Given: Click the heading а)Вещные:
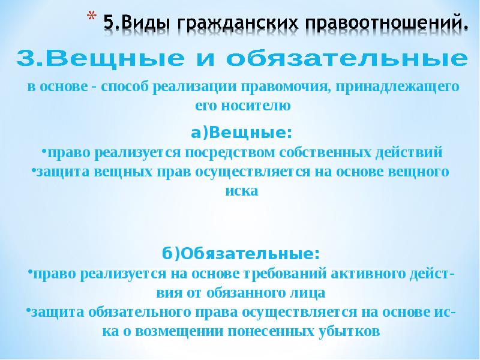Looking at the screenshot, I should pos(242,131).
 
